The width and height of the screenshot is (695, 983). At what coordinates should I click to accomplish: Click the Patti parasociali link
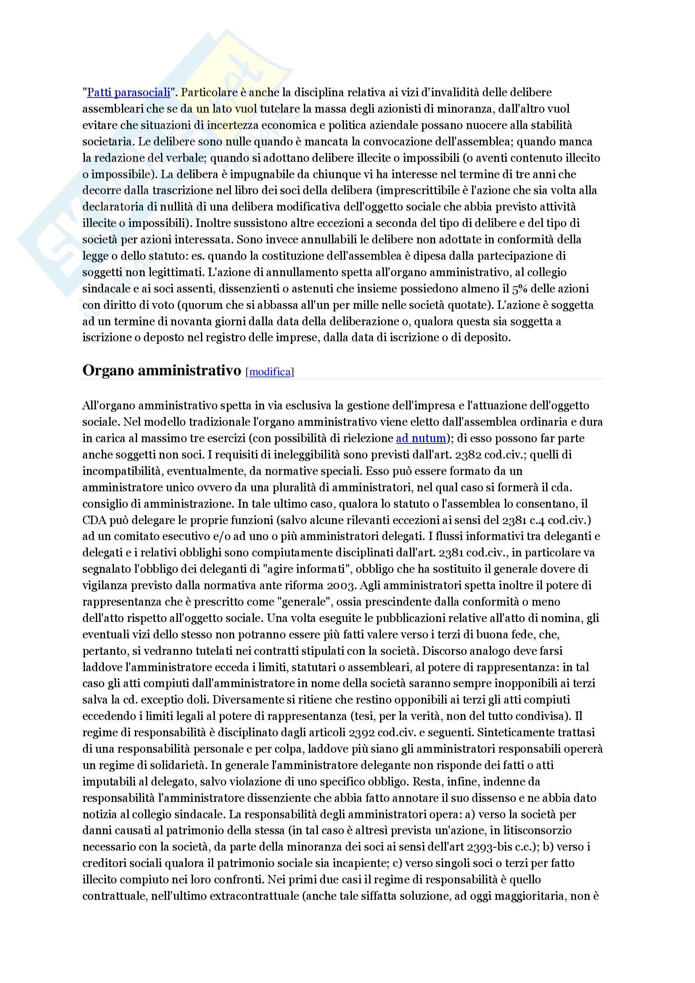(129, 92)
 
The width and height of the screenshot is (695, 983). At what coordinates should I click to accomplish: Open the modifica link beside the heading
(270, 372)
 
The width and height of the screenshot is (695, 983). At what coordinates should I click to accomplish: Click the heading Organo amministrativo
(162, 371)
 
